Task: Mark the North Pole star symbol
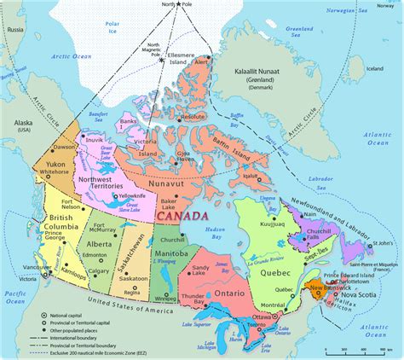(x=170, y=6)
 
